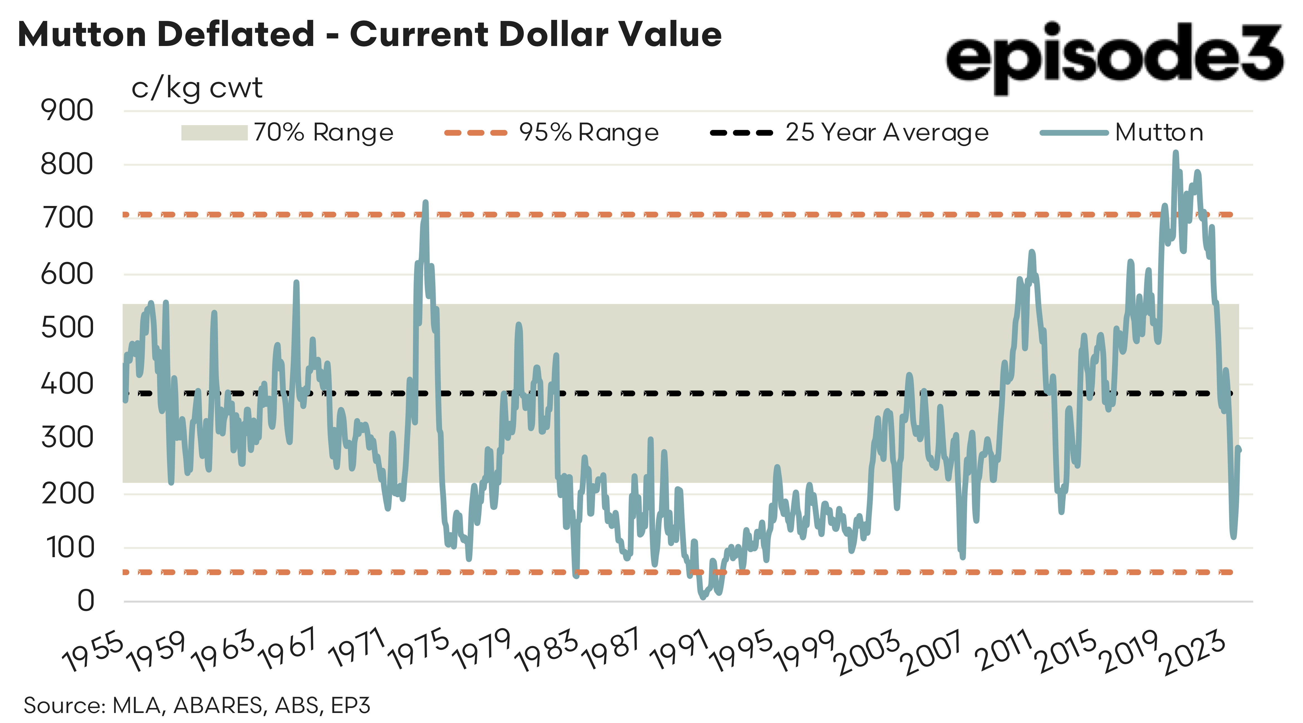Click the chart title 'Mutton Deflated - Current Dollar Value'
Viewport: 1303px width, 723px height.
pyautogui.click(x=369, y=34)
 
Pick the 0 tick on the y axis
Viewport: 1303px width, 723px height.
pyautogui.click(x=86, y=601)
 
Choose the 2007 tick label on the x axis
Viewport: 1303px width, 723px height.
pyautogui.click(x=933, y=654)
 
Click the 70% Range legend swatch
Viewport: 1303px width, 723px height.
pyautogui.click(x=214, y=133)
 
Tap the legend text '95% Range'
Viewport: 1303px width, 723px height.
pyautogui.click(x=589, y=133)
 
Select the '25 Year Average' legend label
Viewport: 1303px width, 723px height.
pyautogui.click(x=887, y=133)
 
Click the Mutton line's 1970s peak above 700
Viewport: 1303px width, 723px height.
pyautogui.click(x=425, y=202)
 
